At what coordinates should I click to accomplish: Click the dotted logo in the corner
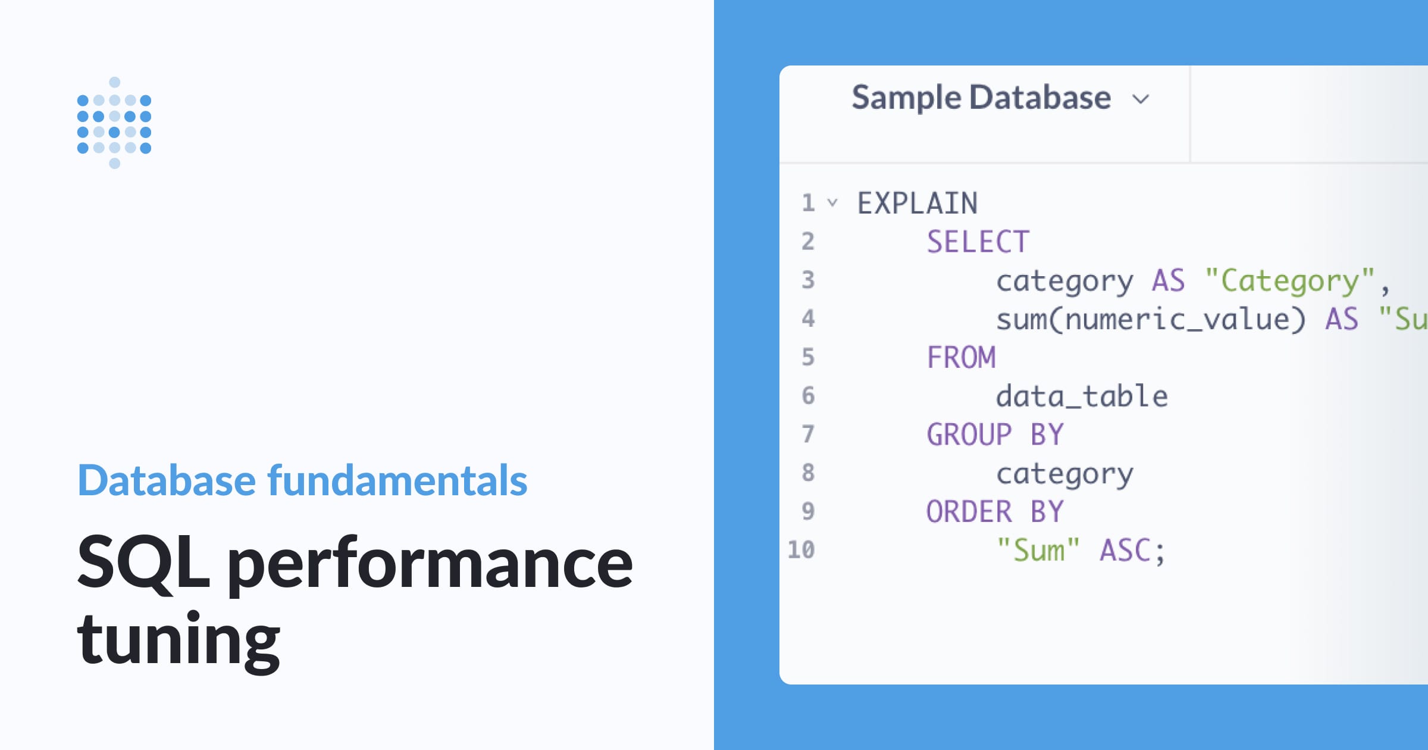coord(114,123)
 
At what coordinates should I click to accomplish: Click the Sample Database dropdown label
coord(981,98)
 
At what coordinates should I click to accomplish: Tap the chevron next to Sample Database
coord(1141,99)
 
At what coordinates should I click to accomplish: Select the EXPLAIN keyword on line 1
coord(917,204)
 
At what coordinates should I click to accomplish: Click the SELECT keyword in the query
coord(978,242)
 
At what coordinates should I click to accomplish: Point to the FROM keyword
coord(961,358)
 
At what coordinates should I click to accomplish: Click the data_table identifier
coord(1082,396)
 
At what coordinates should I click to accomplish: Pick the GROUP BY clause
coord(995,435)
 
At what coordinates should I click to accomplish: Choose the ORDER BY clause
coord(995,512)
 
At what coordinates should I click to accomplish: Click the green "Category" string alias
coord(1290,281)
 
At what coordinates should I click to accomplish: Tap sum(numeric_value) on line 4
coord(1151,320)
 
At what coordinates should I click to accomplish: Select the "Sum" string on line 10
coord(1038,551)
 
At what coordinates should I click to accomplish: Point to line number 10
coord(801,550)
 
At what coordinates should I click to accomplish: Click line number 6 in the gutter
coord(807,396)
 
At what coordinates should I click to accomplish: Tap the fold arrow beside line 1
coord(832,203)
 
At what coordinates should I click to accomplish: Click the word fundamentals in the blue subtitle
coord(397,480)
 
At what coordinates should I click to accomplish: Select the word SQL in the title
coord(143,562)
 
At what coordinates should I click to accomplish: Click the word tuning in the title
coord(178,639)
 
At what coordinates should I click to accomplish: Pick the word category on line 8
coord(1064,474)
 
